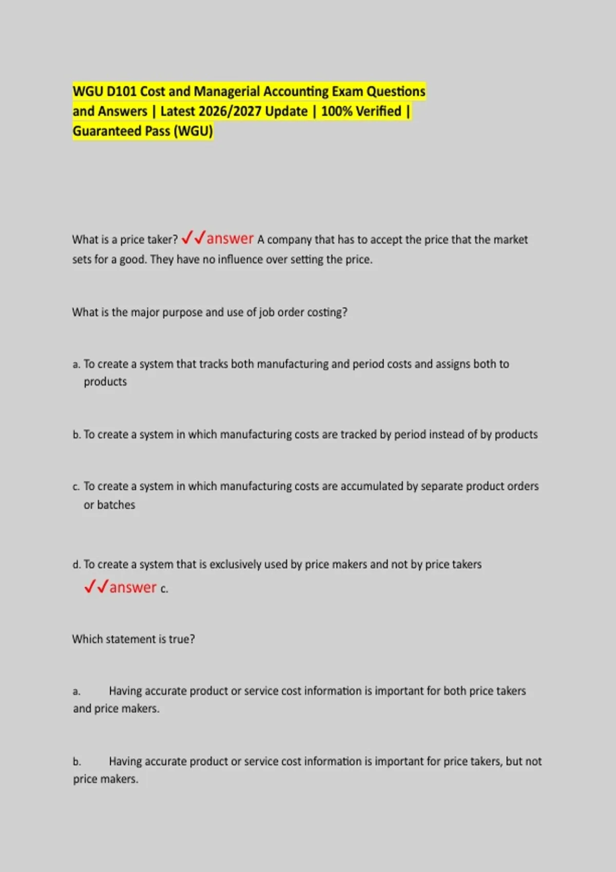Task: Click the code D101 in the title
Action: pos(122,91)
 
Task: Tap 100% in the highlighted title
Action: pos(336,111)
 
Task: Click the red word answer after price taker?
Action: pos(230,239)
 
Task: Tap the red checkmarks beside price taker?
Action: pos(193,237)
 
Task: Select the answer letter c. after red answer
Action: pos(164,589)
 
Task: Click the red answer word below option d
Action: pos(132,587)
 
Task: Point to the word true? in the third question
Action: pos(182,639)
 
